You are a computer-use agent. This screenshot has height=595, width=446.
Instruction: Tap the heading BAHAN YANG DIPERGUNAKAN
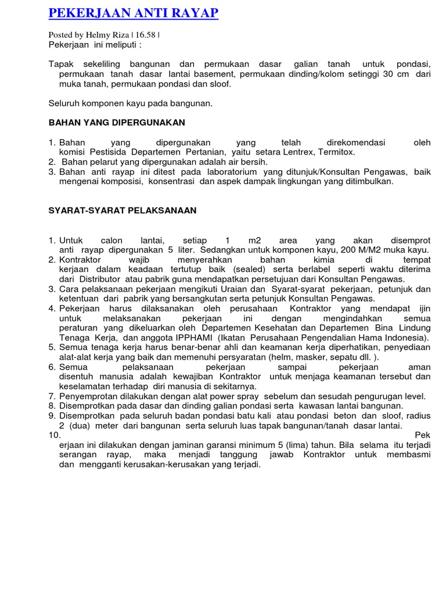pyautogui.click(x=116, y=123)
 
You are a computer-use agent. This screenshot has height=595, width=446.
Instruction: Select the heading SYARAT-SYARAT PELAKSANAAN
pyautogui.click(x=123, y=210)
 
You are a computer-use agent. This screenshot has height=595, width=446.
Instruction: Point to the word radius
pyautogui.click(x=418, y=416)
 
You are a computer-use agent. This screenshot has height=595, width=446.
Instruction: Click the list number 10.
pyautogui.click(x=54, y=435)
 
